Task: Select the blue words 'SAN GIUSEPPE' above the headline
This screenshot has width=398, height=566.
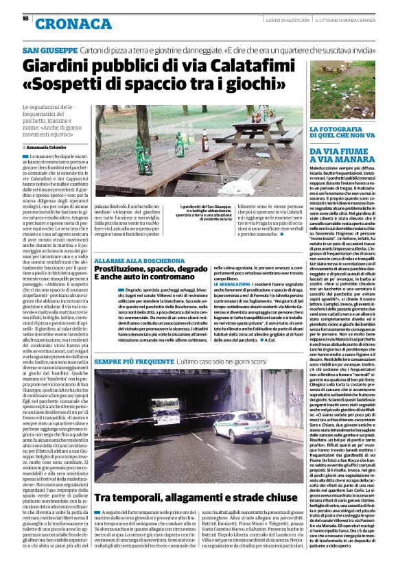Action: (50, 51)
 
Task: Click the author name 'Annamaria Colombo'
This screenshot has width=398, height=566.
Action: (48, 147)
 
